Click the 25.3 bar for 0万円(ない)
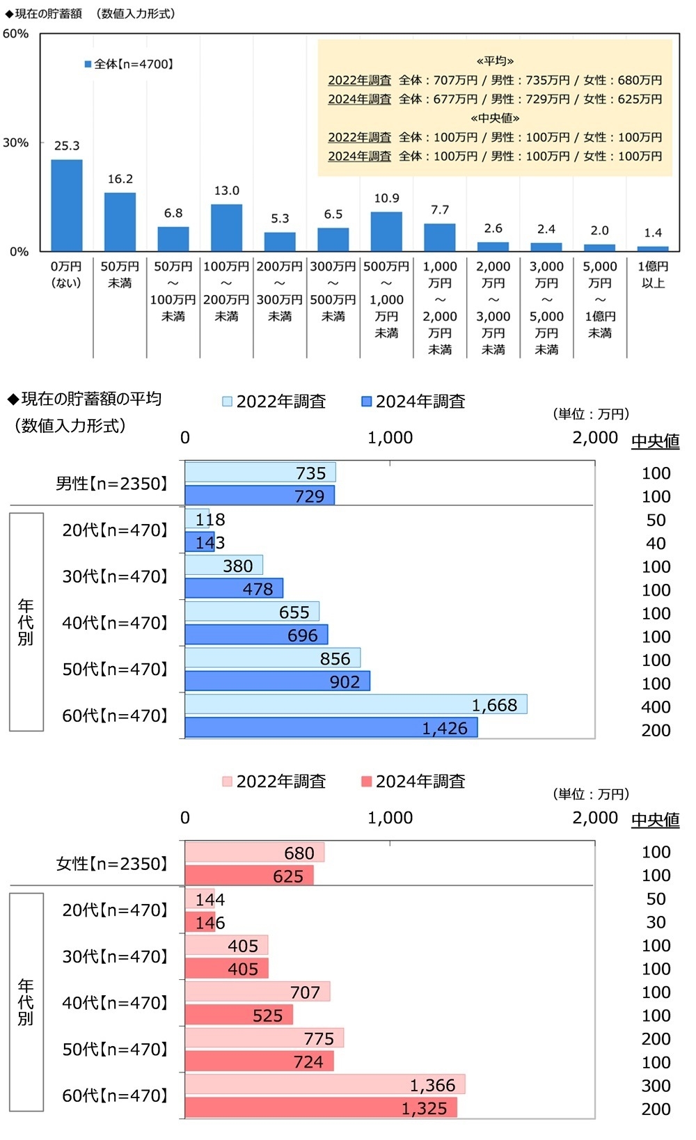point(67,205)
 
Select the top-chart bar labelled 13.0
point(226,228)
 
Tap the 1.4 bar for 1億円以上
point(653,248)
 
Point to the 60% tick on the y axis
point(15,33)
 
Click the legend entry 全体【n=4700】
point(129,64)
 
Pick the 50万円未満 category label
point(120,274)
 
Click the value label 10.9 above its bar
point(386,198)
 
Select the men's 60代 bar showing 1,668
point(356,704)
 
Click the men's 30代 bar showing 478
point(234,589)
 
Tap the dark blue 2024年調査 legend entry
point(413,402)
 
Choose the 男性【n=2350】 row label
point(111,484)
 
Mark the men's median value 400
point(656,706)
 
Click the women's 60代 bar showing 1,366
point(325,1084)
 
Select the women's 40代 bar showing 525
point(239,1015)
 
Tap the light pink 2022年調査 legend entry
point(274,782)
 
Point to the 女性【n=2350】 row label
point(111,864)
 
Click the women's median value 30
point(656,922)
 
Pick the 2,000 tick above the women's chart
point(595,818)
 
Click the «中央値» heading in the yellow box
point(495,118)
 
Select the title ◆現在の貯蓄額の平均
point(84,399)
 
